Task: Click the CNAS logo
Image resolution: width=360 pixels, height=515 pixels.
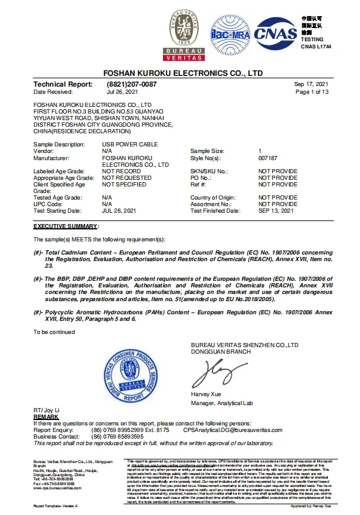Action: (x=275, y=34)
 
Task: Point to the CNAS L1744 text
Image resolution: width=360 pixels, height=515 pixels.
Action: (x=315, y=46)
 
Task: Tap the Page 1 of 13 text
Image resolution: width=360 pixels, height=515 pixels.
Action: (x=312, y=92)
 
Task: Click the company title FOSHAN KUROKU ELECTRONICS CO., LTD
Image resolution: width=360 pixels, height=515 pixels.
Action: (x=183, y=72)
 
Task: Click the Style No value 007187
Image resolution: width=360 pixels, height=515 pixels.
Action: (x=269, y=158)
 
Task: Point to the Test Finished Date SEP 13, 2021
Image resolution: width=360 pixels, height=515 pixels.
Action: (x=276, y=211)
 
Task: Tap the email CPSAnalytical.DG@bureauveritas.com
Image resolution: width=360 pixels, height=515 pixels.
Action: (x=232, y=430)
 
